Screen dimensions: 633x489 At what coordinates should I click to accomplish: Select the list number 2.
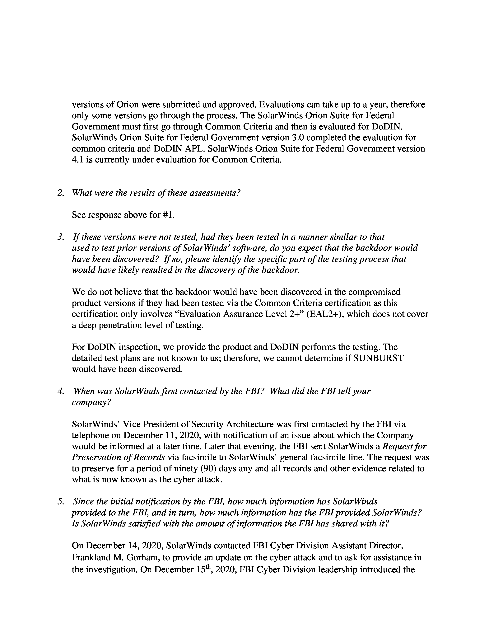[x=61, y=193]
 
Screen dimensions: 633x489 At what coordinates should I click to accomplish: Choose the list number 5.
[x=61, y=501]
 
